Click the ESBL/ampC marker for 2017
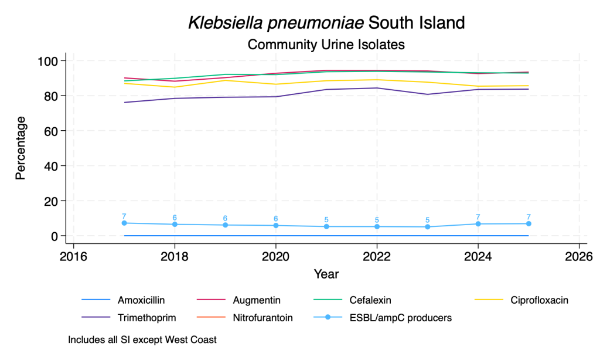124,223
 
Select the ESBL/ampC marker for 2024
478,224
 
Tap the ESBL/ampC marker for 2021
326,226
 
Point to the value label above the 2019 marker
225,218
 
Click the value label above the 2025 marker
529,217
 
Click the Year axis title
326,274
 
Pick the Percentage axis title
21,148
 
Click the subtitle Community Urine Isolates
326,45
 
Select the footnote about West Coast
142,339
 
